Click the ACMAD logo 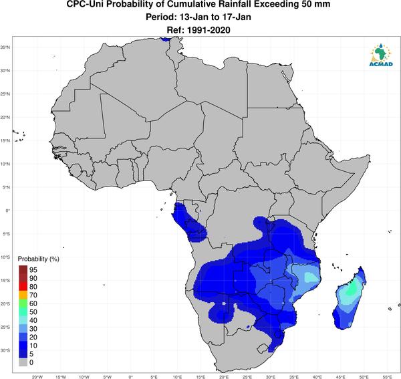click(381, 54)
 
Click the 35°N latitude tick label click(5, 47)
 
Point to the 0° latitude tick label click(7, 211)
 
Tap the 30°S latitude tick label click(5, 350)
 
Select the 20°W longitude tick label click(37, 377)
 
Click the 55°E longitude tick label click(388, 377)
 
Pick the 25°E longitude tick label click(247, 377)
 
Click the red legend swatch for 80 click(23, 287)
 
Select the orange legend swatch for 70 click(23, 295)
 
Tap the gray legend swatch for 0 click(23, 362)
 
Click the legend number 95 click(33, 270)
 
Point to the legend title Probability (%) click(38, 259)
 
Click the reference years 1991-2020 click(209, 30)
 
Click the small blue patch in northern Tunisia click(166, 39)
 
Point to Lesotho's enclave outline click(261, 348)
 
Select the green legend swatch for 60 click(23, 303)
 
